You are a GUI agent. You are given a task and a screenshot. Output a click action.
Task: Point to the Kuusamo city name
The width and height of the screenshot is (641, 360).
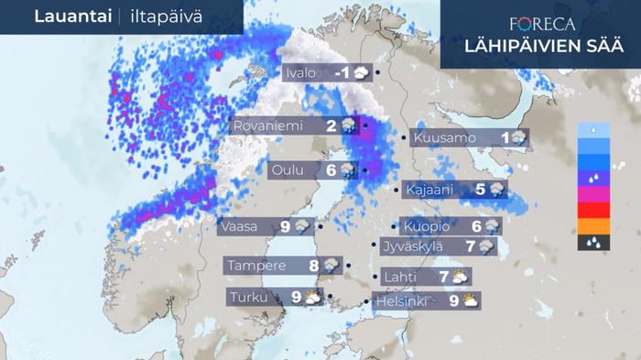click(444, 138)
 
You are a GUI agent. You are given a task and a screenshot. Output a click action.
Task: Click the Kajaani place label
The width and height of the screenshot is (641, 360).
click(428, 191)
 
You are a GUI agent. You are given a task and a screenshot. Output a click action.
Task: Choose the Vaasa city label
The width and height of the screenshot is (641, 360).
click(243, 225)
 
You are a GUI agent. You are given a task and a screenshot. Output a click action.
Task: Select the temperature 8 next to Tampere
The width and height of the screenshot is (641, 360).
click(313, 266)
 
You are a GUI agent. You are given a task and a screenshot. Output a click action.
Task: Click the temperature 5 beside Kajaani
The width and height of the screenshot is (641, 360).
click(480, 191)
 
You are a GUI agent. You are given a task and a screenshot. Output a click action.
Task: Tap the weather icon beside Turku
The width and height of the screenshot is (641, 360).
click(313, 297)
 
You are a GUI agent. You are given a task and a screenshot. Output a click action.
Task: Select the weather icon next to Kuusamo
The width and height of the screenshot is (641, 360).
click(519, 138)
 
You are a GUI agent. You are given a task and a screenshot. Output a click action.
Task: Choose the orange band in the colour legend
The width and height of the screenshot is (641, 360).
click(593, 225)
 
